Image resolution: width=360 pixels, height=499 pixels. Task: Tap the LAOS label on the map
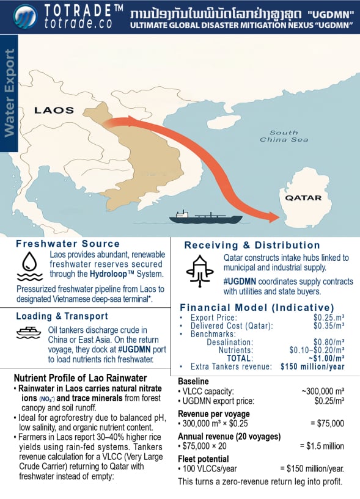tap(54, 111)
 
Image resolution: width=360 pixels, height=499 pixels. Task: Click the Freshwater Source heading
tap(59, 243)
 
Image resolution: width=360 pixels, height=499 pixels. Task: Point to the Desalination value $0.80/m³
tap(328, 342)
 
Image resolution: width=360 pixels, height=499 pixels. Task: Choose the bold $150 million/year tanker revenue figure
tap(312, 367)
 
